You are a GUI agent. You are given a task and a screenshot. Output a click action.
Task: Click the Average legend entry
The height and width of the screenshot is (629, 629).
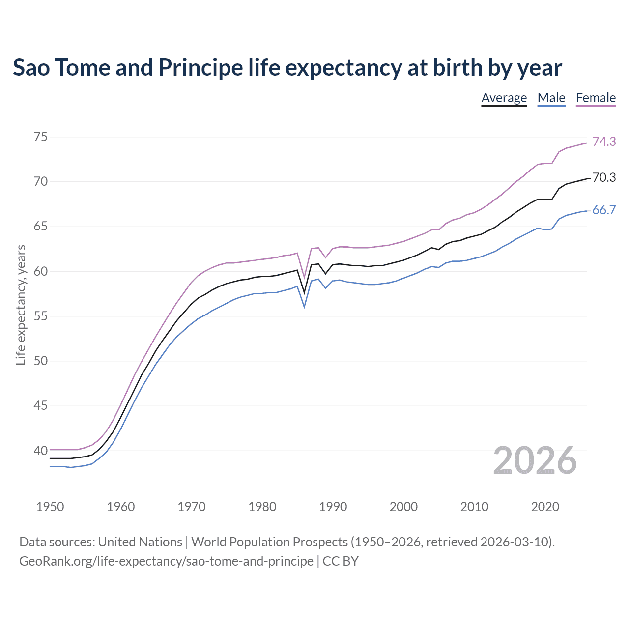click(504, 98)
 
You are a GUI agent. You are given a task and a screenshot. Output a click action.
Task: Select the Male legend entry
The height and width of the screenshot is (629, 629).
click(551, 98)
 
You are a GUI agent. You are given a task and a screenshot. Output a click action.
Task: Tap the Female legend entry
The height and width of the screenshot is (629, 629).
click(596, 98)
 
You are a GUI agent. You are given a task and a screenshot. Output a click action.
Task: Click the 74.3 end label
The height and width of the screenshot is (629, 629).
click(604, 142)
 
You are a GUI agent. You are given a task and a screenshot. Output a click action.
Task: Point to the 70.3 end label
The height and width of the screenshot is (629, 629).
click(604, 177)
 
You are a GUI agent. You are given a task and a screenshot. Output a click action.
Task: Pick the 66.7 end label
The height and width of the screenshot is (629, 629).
click(604, 210)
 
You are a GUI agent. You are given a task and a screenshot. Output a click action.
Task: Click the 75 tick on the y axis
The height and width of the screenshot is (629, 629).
click(41, 137)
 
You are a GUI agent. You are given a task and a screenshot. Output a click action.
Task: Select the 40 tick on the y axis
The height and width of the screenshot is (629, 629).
click(41, 451)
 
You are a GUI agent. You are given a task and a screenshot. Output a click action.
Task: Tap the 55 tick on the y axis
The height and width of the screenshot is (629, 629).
click(41, 316)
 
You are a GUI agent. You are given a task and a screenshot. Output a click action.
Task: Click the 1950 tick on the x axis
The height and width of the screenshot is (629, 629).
click(50, 507)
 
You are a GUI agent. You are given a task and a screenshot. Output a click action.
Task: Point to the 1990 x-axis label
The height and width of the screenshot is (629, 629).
click(333, 507)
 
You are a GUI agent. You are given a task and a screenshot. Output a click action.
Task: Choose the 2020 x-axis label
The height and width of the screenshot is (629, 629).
click(545, 507)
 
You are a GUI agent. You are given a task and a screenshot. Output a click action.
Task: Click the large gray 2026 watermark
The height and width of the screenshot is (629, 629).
click(535, 460)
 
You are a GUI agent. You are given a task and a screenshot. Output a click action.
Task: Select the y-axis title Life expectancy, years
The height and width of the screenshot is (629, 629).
click(21, 305)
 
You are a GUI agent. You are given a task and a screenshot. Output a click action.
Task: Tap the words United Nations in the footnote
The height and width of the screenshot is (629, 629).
click(140, 542)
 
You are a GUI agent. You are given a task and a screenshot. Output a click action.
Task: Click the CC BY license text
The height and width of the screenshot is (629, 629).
click(341, 561)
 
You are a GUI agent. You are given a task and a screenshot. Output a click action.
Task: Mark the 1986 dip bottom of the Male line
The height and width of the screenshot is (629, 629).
click(304, 307)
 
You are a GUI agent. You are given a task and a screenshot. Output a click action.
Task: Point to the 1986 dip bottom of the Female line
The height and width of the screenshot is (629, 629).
click(304, 277)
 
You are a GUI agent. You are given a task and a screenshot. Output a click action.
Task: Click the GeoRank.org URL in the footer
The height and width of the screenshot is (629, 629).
click(166, 561)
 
